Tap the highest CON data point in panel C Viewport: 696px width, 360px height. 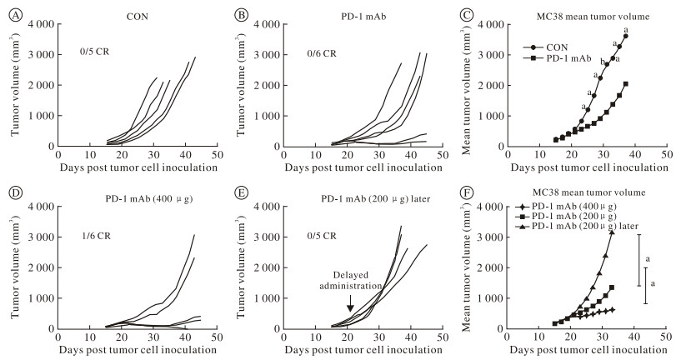click(x=625, y=36)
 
